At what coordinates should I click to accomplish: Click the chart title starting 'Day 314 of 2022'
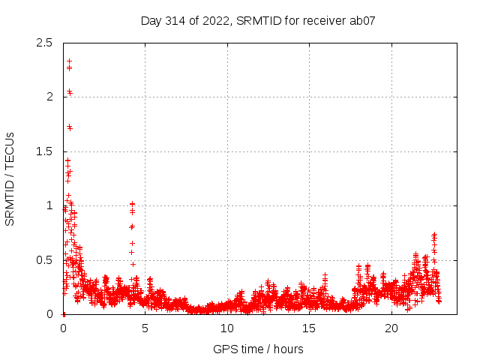tap(258, 20)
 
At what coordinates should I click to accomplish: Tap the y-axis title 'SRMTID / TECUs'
tap(10, 178)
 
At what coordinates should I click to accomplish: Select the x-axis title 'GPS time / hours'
tap(258, 349)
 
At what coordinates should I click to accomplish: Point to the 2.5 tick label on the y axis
tap(46, 43)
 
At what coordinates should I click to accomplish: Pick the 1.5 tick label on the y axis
tap(46, 151)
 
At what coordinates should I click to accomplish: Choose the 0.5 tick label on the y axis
tap(46, 260)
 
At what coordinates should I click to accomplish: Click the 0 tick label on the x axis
tap(63, 328)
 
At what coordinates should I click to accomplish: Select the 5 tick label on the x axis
tap(145, 328)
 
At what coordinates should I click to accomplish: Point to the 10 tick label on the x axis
tap(227, 328)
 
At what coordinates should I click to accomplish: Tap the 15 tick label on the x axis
tap(310, 328)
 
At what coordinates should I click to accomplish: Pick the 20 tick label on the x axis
tap(391, 328)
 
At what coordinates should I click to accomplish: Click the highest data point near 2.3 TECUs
tap(69, 61)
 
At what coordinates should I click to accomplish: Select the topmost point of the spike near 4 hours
tap(132, 203)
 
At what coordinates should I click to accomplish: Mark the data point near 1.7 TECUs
tap(70, 127)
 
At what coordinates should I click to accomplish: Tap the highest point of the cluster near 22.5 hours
tap(433, 235)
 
